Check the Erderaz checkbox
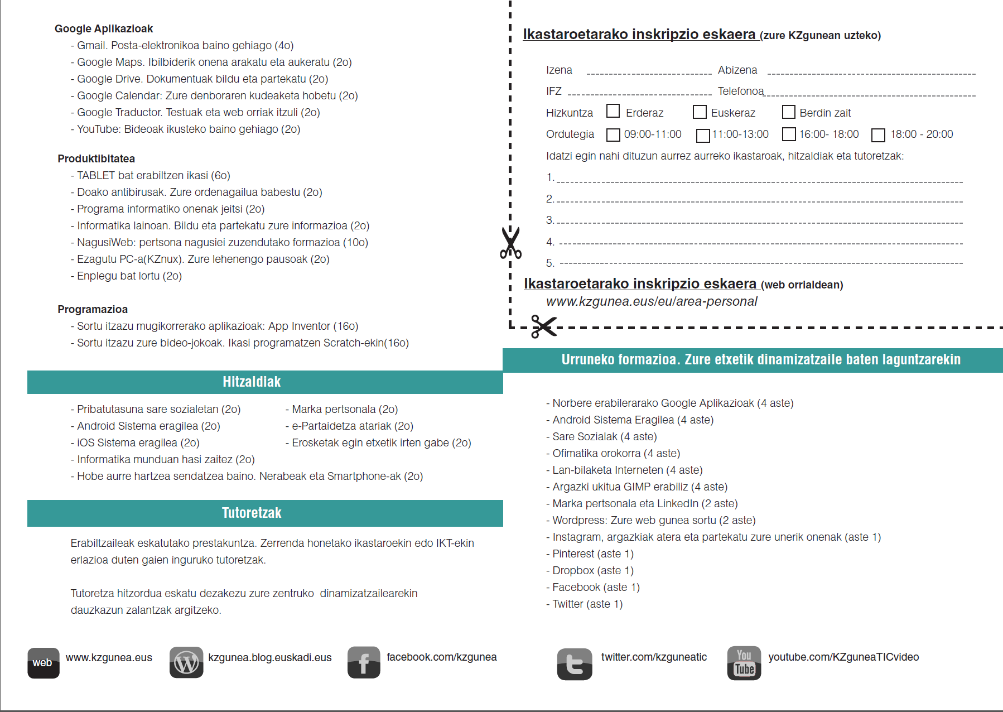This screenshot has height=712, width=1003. tap(613, 111)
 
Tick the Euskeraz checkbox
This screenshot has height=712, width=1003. tap(700, 112)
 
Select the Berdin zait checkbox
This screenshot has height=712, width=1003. tap(788, 112)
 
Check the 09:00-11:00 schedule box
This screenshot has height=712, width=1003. tap(613, 134)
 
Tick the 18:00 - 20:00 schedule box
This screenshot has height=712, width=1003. tap(878, 134)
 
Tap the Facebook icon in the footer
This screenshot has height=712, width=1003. tap(364, 662)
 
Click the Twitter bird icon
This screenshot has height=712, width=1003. tap(574, 663)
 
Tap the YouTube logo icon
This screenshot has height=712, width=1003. tap(744, 662)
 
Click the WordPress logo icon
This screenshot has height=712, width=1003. tap(186, 662)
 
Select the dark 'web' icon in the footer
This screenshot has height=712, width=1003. tap(43, 662)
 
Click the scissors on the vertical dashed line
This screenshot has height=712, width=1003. tap(510, 243)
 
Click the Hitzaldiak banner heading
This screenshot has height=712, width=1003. tap(252, 382)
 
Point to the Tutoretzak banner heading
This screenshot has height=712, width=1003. tap(252, 513)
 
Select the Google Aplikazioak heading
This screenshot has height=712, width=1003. tap(104, 28)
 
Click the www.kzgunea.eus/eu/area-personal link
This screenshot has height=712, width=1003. tap(652, 301)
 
